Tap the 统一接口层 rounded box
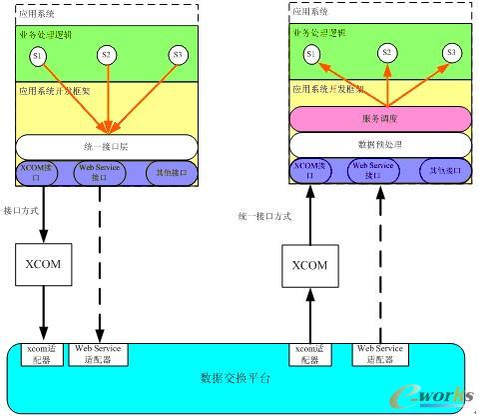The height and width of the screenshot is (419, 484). [107, 146]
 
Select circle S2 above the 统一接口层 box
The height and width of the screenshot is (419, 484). [107, 54]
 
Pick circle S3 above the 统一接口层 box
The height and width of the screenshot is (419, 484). [178, 54]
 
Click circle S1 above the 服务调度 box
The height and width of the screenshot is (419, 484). [312, 52]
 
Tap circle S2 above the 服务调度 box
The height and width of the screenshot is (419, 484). [385, 52]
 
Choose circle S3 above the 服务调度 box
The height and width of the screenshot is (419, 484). [450, 52]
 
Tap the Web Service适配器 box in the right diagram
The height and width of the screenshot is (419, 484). [379, 353]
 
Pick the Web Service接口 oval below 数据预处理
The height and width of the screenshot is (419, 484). [378, 170]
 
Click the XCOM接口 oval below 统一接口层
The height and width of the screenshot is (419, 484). [39, 173]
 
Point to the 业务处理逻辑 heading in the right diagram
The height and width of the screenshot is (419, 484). [319, 33]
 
